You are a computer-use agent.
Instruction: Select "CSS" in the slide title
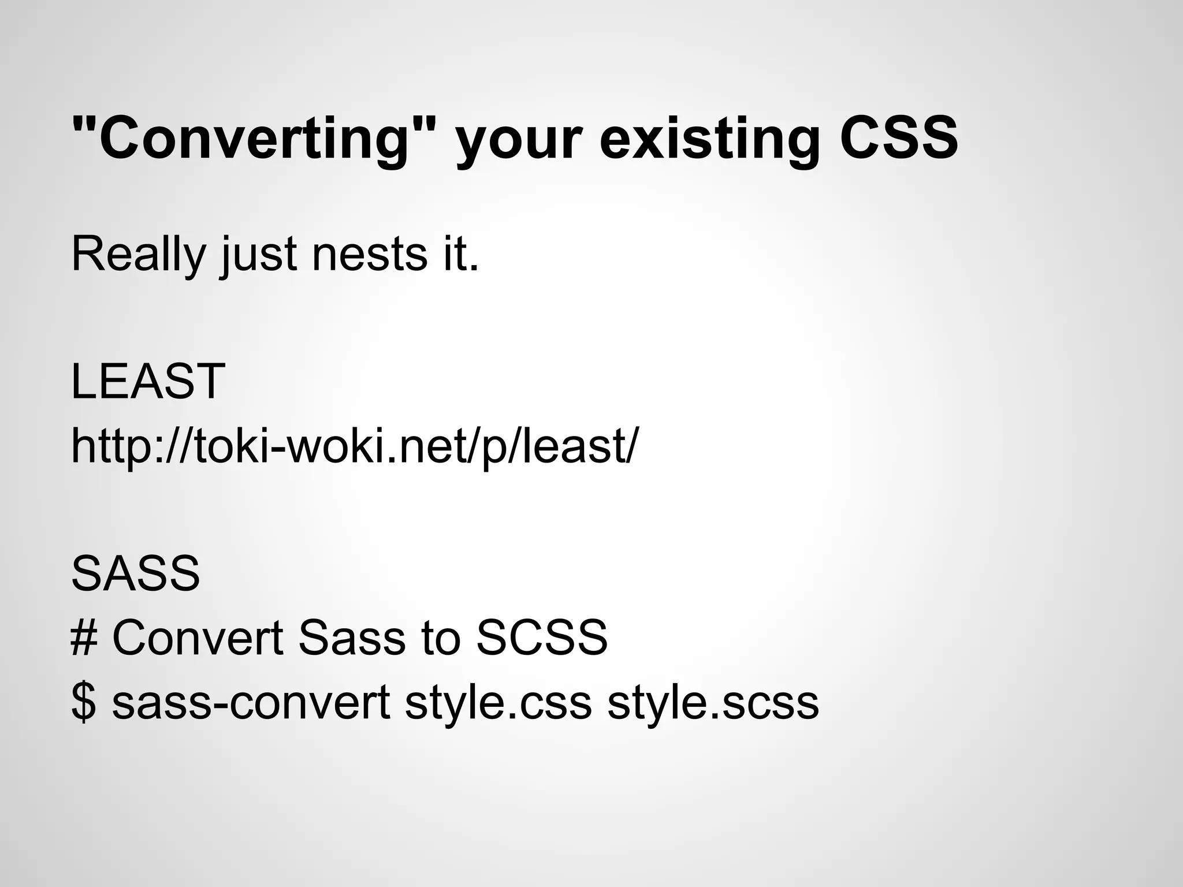coord(898,139)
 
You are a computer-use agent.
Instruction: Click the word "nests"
coord(369,255)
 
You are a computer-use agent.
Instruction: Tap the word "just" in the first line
coord(258,255)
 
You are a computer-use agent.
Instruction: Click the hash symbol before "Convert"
coord(83,638)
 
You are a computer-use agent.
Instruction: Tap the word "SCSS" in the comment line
coord(542,638)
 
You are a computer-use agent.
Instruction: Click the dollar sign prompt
coord(83,703)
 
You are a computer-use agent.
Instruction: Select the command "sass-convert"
coord(251,703)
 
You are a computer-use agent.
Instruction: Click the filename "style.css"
coord(498,703)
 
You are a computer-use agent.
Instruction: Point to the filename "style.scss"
coord(713,703)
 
